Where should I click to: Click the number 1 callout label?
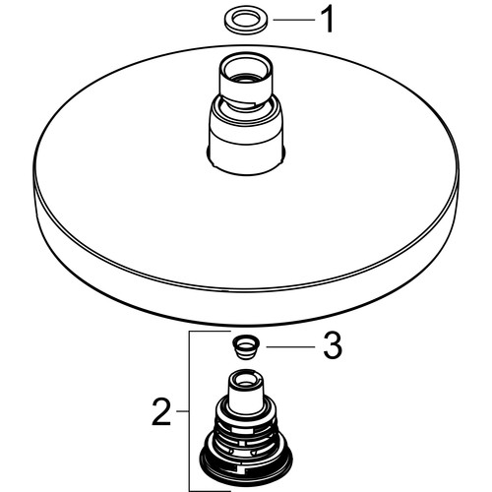(327, 21)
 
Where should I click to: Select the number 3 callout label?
(333, 346)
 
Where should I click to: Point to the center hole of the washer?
(246, 19)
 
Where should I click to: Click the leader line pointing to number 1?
(294, 20)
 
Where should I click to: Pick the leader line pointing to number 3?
(290, 346)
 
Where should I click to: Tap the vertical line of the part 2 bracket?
(190, 411)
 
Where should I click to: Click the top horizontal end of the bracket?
(210, 332)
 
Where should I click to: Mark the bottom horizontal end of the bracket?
(210, 491)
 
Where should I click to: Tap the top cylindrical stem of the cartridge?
(246, 391)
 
